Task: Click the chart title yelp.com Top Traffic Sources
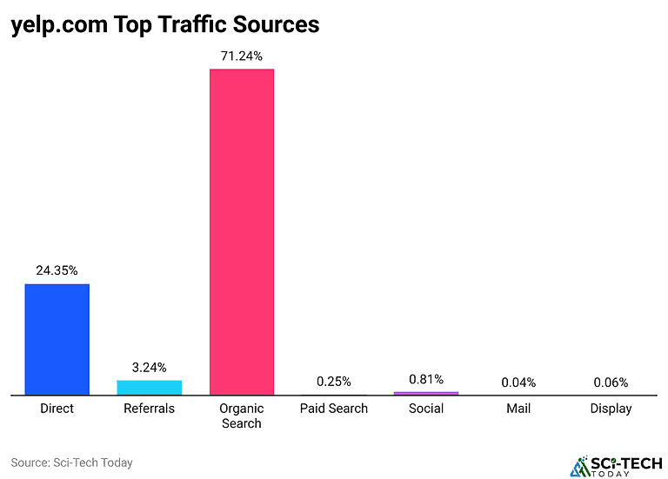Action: click(165, 25)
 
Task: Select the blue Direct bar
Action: click(57, 339)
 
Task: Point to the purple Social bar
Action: click(426, 393)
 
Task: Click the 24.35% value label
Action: click(57, 270)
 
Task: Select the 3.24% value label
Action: click(150, 367)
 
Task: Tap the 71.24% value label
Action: click(242, 56)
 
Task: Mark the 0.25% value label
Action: click(334, 382)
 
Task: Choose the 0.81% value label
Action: click(426, 379)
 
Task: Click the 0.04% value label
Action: click(518, 383)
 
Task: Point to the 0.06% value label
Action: click(611, 383)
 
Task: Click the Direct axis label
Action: click(57, 409)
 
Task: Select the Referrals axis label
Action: click(150, 409)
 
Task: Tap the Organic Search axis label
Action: click(242, 416)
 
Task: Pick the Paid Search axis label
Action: click(334, 409)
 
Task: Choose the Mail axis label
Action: click(518, 409)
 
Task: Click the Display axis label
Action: click(611, 409)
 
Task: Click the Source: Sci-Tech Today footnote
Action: click(71, 462)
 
